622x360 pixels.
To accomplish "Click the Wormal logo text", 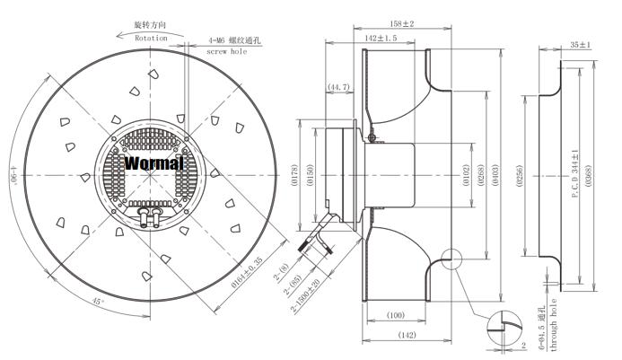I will (153, 163).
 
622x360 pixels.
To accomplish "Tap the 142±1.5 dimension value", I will (383, 40).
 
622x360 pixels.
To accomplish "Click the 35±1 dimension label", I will (580, 44).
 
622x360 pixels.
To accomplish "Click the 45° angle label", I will (95, 302).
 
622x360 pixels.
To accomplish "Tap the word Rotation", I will (151, 39).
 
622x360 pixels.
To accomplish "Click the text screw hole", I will (226, 52).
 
